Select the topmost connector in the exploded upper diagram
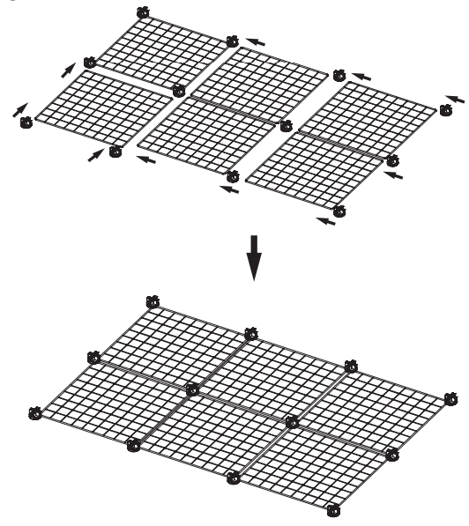tap(145, 12)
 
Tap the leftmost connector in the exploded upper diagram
tap(26, 122)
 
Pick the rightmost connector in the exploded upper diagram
tap(446, 109)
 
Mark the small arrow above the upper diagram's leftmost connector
tap(20, 108)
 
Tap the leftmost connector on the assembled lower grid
tap(34, 411)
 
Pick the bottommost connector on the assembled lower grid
tap(333, 509)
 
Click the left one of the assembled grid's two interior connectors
tap(192, 389)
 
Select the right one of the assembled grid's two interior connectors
tap(293, 422)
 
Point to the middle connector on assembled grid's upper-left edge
tap(93, 357)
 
